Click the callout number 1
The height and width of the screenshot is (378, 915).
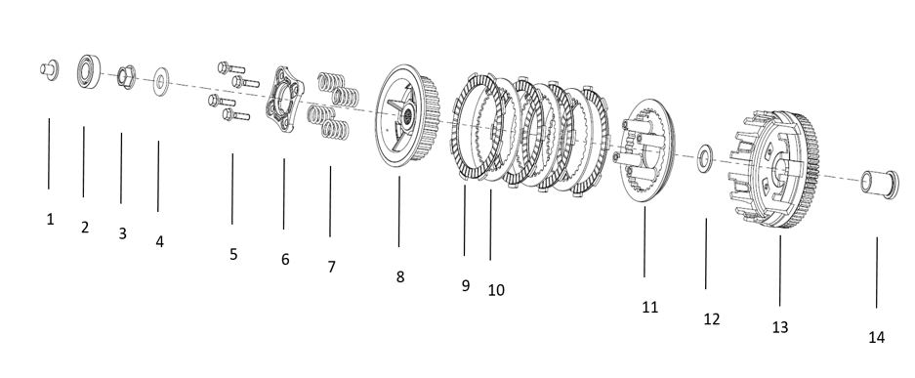[50, 220]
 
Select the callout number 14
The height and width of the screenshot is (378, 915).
[877, 337]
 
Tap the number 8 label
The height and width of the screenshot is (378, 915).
[399, 276]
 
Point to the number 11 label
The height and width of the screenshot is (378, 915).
[650, 308]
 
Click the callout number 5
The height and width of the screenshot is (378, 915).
[233, 254]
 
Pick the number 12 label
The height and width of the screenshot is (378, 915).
[712, 319]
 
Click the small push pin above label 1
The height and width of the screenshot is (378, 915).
[50, 69]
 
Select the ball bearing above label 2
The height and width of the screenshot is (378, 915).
[89, 71]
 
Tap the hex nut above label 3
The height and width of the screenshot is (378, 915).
[126, 77]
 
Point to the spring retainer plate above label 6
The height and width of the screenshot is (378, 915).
[284, 100]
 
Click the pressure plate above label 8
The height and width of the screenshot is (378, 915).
[407, 115]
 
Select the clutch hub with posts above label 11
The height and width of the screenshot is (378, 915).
[645, 151]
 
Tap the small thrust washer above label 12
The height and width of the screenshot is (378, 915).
[705, 160]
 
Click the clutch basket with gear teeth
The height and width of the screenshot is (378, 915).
[773, 169]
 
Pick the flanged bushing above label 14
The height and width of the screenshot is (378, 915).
[880, 184]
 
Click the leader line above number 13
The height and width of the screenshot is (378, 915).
[779, 272]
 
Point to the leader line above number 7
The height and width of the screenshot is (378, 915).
[330, 202]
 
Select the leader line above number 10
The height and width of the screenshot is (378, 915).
[491, 225]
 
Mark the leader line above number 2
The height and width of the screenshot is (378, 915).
[83, 161]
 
